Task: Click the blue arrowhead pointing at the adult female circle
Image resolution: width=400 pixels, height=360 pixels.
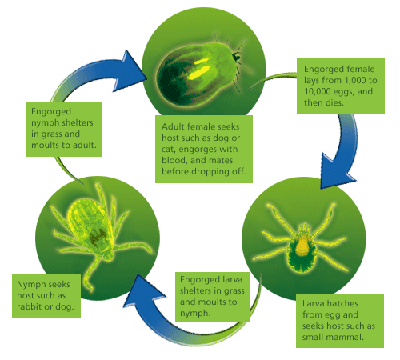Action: click(x=130, y=70)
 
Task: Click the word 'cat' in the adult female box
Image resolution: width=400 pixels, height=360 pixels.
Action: click(x=169, y=149)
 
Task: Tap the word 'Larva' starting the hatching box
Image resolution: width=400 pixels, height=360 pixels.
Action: click(x=314, y=303)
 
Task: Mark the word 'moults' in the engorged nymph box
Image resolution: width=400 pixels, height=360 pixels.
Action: click(x=44, y=145)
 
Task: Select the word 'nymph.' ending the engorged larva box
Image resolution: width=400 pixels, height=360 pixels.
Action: click(x=195, y=313)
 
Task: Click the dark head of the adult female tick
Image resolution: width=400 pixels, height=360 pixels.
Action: click(x=236, y=57)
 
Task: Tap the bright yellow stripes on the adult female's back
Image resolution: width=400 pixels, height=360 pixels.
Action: click(x=198, y=70)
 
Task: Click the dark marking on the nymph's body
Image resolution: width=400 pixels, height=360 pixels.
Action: click(x=98, y=236)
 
